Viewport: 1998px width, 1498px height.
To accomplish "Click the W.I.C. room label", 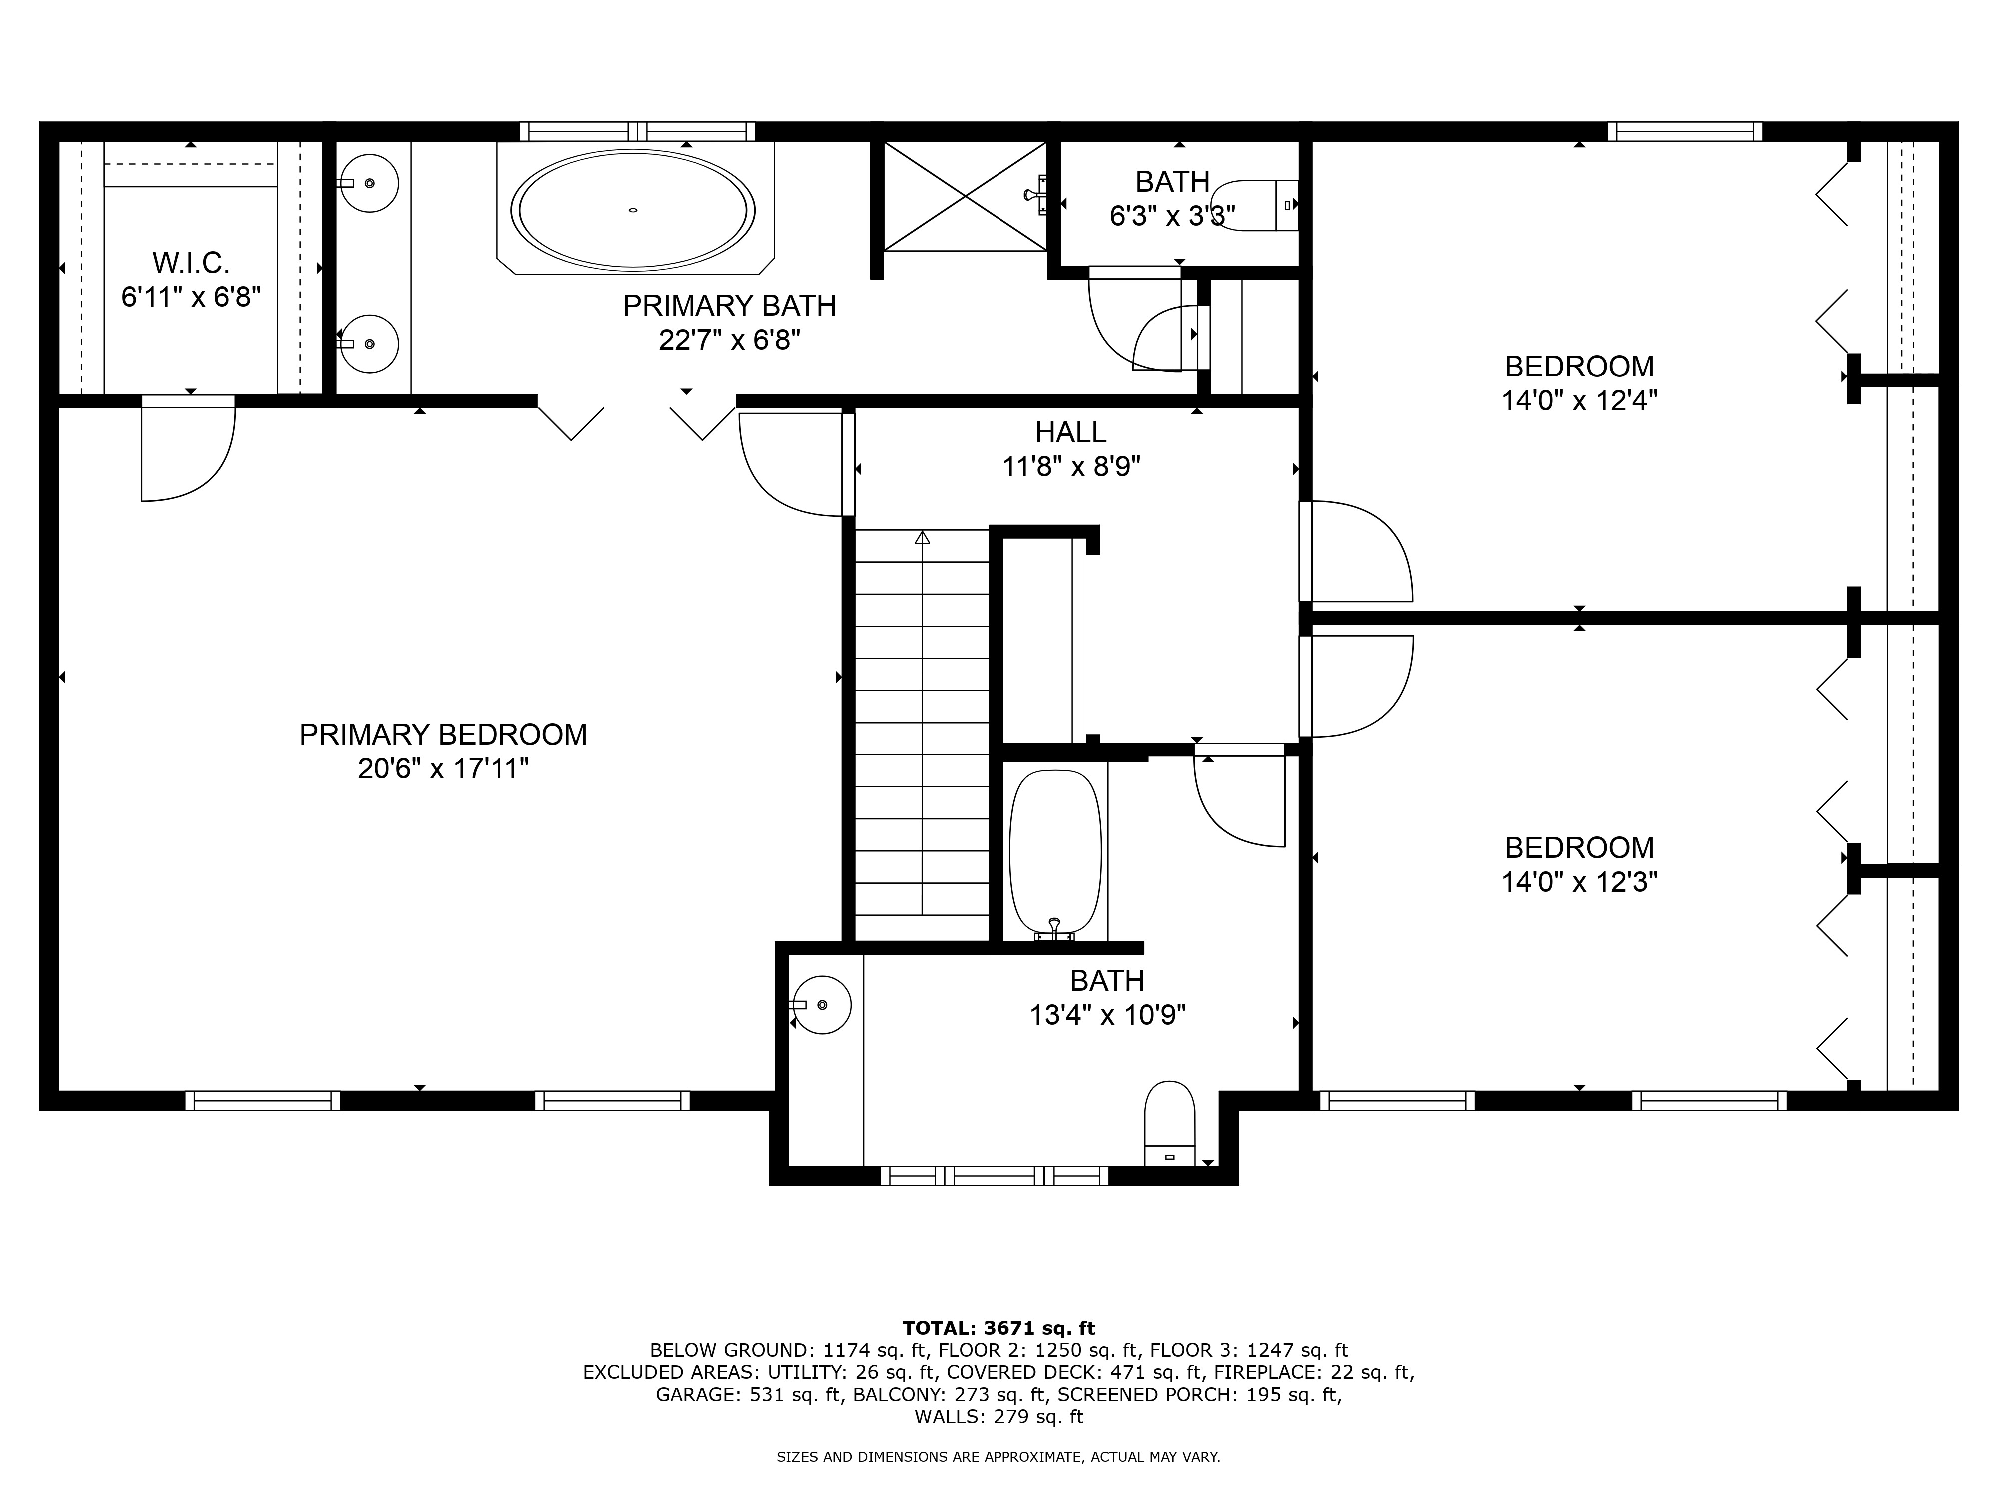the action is click(x=191, y=263).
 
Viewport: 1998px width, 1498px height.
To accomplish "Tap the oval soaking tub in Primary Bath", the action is click(x=633, y=210).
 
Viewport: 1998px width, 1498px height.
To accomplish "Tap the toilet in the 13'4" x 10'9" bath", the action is click(x=1170, y=1123).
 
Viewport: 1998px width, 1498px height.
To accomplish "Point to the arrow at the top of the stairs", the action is click(x=922, y=538).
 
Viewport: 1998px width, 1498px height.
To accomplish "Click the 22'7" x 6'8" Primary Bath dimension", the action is click(x=730, y=341).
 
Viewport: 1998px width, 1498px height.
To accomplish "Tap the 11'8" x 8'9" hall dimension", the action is click(x=1071, y=467).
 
